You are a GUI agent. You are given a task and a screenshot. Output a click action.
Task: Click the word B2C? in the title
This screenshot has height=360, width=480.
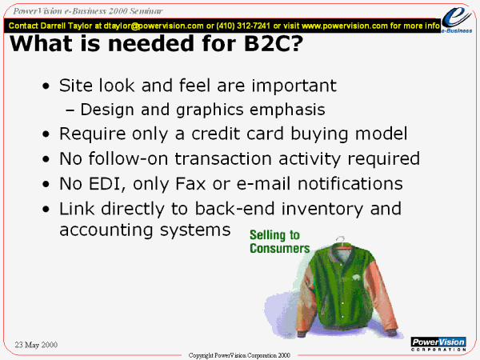click(x=273, y=43)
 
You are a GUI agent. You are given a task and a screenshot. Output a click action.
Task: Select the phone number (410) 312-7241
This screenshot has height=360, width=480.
click(x=243, y=26)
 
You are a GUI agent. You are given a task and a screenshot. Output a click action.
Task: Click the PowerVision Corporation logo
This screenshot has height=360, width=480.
click(x=438, y=344)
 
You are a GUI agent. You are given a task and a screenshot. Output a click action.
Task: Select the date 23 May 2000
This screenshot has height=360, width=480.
click(x=36, y=345)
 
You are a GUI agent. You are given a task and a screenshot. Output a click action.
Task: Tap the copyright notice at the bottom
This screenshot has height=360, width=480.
click(x=239, y=355)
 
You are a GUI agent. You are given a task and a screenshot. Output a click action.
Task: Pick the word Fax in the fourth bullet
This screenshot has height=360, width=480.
click(x=190, y=184)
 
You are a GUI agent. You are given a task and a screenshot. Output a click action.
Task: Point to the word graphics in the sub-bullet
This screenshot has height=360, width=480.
click(x=210, y=110)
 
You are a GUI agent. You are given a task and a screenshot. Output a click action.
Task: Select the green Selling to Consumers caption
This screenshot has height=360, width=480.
click(x=279, y=242)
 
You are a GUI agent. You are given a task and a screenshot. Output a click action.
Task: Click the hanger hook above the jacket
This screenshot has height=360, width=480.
click(x=340, y=239)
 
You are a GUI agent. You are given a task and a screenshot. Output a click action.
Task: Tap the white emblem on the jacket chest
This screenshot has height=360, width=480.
click(x=356, y=278)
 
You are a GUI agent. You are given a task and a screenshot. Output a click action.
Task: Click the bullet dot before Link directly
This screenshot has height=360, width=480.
click(x=46, y=209)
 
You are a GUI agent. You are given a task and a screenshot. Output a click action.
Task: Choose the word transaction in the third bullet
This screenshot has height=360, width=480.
click(x=223, y=159)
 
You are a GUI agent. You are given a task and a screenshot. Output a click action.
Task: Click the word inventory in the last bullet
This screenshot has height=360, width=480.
click(x=322, y=209)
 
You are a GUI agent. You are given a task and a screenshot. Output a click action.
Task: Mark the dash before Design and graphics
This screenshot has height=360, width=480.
click(x=70, y=110)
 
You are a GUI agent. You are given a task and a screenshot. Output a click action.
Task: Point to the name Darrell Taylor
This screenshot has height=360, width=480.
click(x=66, y=26)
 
